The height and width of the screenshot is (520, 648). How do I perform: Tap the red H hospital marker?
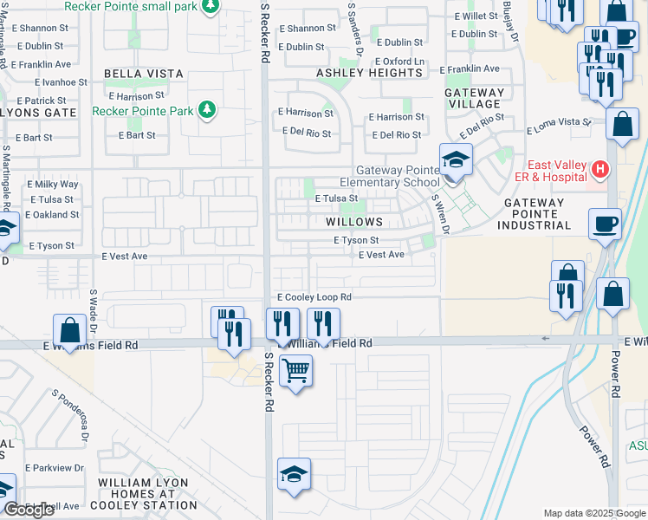tap(598, 168)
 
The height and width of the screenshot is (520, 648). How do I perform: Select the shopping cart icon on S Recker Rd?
tap(295, 371)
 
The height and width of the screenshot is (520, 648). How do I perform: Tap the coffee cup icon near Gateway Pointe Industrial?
tap(605, 224)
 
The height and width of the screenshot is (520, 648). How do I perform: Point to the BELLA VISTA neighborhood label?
tap(144, 74)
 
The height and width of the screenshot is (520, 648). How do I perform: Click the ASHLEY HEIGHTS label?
tap(368, 74)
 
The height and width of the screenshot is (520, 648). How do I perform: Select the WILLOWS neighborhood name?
tap(354, 222)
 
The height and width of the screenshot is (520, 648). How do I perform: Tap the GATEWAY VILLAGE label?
tap(475, 98)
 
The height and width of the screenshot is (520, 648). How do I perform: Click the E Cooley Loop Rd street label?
tap(314, 296)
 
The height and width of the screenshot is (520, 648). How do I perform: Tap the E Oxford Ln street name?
tap(399, 62)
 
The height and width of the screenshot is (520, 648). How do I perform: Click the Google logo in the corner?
tap(29, 510)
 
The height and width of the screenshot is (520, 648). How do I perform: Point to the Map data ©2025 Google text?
tap(593, 513)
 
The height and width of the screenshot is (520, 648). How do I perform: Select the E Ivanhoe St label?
tap(62, 81)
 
